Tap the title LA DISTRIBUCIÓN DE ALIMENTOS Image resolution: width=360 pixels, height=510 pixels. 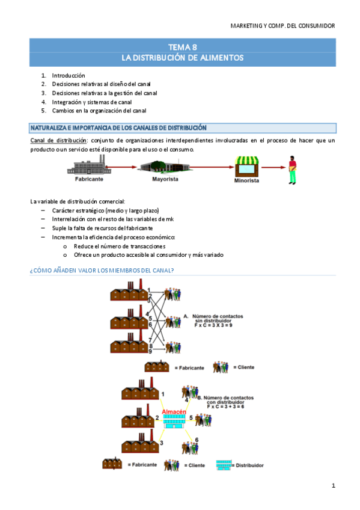point(182,58)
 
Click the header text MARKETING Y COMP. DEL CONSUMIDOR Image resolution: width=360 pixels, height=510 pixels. point(282,25)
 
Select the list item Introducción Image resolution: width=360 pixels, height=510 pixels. point(69,76)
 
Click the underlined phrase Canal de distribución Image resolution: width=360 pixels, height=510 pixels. point(58,141)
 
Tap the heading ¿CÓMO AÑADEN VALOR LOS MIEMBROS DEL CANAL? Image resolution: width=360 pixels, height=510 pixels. point(102,271)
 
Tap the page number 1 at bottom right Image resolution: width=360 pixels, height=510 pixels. point(333,485)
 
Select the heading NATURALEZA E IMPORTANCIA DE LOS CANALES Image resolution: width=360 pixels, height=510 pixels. point(118,128)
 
